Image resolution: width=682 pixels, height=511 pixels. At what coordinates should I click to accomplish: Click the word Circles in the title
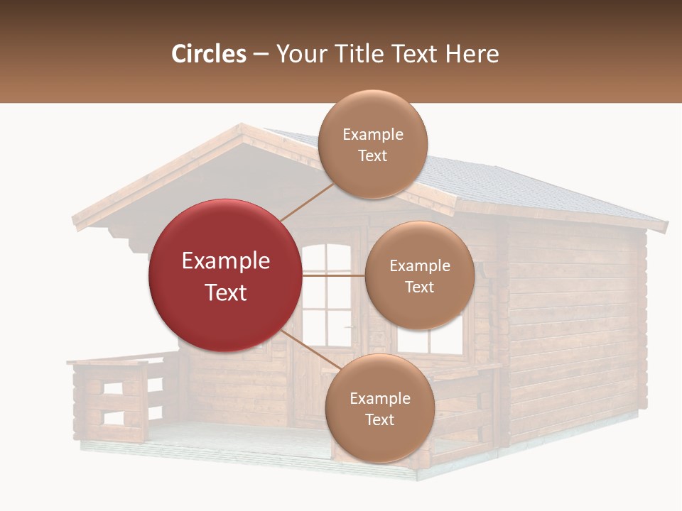[x=208, y=53]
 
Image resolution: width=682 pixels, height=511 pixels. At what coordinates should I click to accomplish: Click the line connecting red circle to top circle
[x=307, y=202]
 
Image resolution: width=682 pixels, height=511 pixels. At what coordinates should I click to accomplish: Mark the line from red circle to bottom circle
[x=311, y=350]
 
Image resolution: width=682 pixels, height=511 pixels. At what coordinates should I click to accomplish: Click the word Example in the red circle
[x=226, y=261]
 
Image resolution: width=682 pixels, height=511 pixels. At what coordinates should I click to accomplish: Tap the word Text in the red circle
[x=226, y=292]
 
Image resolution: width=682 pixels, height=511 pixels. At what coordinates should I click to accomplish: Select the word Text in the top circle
[x=372, y=155]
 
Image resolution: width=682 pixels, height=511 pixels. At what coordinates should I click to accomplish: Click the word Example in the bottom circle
[x=379, y=399]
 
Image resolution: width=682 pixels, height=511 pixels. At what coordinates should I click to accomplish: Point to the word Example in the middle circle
[x=419, y=266]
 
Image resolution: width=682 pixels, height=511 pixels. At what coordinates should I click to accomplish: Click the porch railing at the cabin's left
[x=114, y=397]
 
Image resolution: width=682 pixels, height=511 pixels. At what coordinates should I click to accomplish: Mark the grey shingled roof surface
[x=497, y=185]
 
